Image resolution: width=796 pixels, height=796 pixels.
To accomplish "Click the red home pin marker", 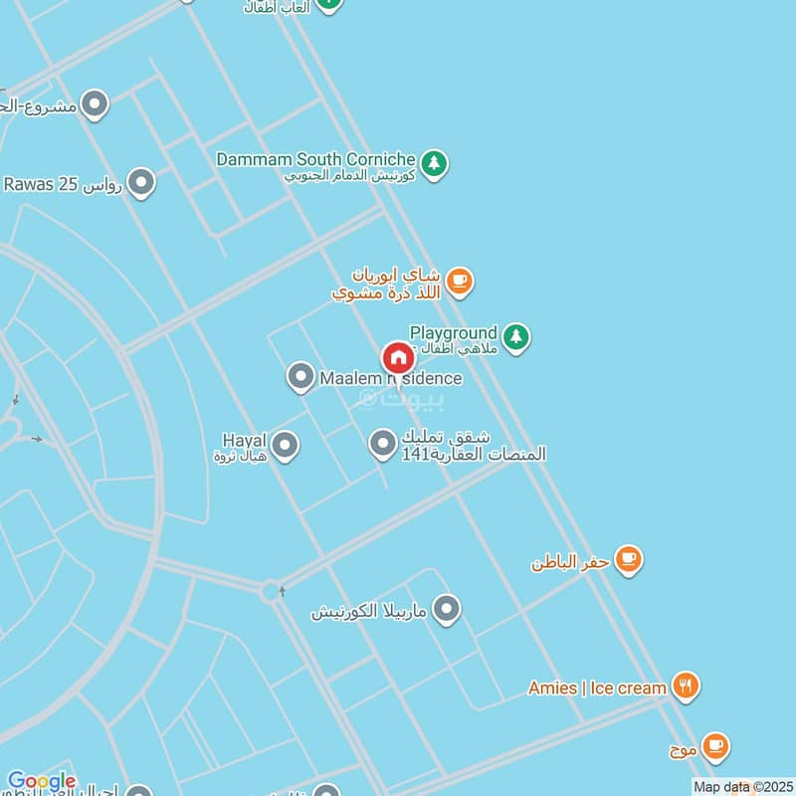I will [x=398, y=358].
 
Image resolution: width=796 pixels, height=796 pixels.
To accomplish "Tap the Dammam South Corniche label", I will [x=315, y=159].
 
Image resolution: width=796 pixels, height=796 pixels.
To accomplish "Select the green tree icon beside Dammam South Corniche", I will [x=433, y=163].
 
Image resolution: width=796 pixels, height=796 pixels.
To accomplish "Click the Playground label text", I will [x=453, y=332].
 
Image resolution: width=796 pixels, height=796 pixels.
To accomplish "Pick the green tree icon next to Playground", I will [x=514, y=338].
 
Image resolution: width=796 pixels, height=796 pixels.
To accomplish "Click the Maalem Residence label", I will [x=390, y=378].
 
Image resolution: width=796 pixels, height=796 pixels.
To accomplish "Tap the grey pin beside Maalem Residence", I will [x=300, y=377].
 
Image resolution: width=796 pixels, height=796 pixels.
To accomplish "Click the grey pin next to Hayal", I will [x=286, y=446].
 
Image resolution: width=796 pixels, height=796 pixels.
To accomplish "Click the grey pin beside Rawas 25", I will [x=141, y=183].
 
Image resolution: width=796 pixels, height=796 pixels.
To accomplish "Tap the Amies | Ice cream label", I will [x=597, y=688].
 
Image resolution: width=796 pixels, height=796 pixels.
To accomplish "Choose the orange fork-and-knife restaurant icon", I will [x=685, y=686].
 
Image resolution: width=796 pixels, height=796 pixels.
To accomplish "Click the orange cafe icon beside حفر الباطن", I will [x=628, y=560].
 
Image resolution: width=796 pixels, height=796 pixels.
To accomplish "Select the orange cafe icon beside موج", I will [x=714, y=745].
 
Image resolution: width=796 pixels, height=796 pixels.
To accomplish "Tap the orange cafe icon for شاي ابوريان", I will [x=458, y=282].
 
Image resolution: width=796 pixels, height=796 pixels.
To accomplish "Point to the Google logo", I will [x=41, y=782].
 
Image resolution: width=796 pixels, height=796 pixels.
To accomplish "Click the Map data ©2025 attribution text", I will [x=742, y=787].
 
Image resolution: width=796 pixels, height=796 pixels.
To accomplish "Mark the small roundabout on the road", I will [x=271, y=593].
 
